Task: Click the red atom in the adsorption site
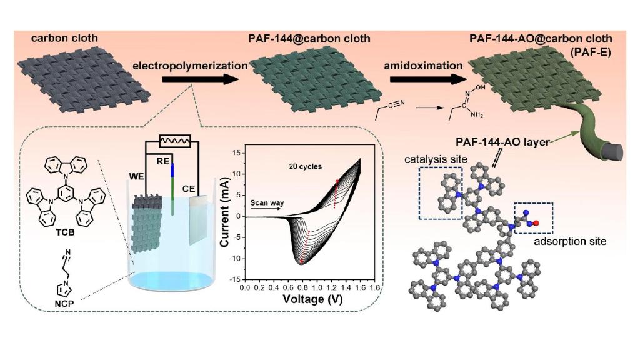coord(535,222)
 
